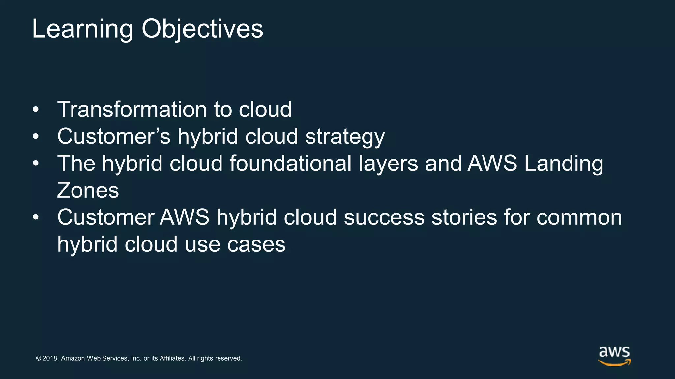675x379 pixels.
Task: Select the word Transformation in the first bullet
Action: (x=132, y=110)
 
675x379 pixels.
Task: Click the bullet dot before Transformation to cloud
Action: (x=36, y=110)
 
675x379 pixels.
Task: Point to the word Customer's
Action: (x=114, y=137)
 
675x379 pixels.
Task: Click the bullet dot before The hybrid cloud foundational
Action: (x=36, y=164)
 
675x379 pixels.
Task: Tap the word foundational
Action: (x=290, y=164)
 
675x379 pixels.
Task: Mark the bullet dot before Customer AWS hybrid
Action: (x=36, y=217)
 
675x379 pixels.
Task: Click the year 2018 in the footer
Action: (x=50, y=358)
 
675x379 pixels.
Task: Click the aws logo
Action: (x=614, y=356)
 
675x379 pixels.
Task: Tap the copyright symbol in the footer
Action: (x=38, y=358)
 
